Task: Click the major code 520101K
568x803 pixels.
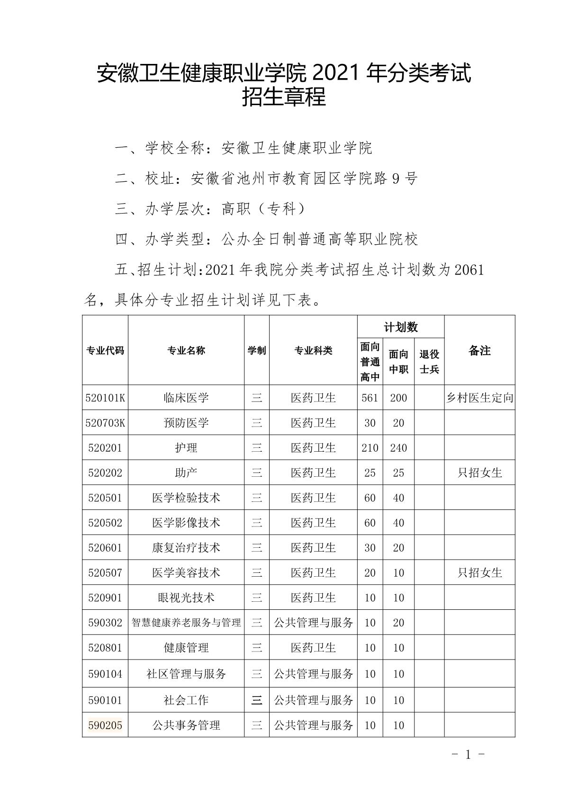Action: click(x=105, y=398)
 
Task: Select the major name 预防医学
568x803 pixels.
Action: click(x=186, y=423)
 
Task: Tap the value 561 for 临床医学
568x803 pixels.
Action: click(x=370, y=398)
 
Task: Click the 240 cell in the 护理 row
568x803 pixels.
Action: click(x=398, y=448)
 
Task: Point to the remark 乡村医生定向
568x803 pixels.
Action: click(x=479, y=398)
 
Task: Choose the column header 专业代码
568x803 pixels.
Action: click(x=105, y=350)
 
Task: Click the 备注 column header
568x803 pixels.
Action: click(x=479, y=350)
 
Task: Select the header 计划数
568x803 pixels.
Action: click(x=401, y=327)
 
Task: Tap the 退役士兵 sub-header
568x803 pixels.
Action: click(x=429, y=362)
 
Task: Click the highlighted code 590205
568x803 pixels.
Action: click(x=105, y=725)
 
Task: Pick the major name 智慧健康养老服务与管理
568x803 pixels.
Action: click(x=186, y=623)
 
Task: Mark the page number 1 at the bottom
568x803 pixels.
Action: click(x=468, y=755)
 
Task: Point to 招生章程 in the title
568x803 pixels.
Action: click(x=284, y=97)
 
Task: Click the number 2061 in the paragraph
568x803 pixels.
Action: click(x=469, y=270)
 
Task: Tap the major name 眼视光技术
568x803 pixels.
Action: click(x=186, y=598)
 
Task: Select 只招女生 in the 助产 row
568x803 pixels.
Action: click(x=479, y=473)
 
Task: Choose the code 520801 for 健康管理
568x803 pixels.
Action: click(x=105, y=648)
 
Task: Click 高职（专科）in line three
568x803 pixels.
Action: click(x=263, y=209)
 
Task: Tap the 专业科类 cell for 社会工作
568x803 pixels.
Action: click(x=313, y=700)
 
